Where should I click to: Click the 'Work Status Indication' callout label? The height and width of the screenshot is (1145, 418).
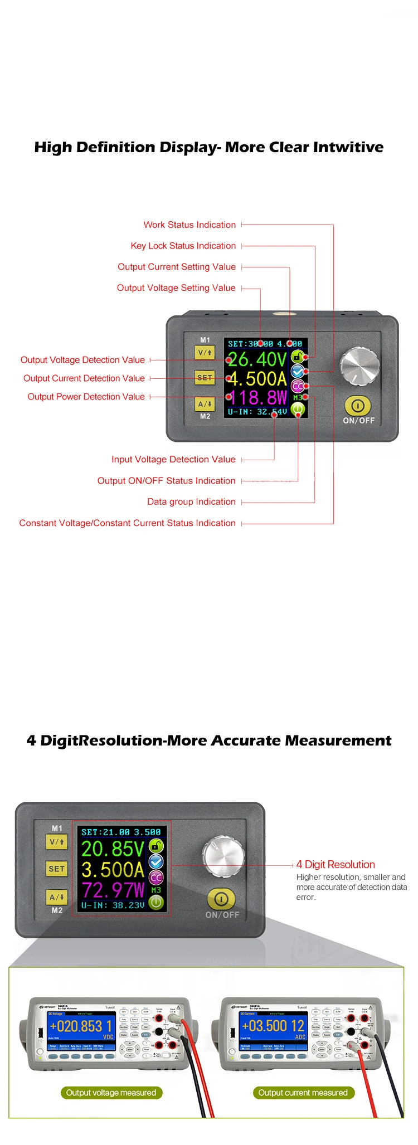click(x=189, y=225)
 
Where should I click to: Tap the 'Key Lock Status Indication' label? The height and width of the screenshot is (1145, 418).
click(x=183, y=246)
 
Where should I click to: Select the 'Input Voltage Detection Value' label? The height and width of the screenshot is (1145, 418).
click(x=173, y=460)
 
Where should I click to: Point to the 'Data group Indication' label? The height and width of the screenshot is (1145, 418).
click(x=191, y=502)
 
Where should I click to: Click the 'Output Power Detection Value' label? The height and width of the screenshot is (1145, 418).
click(x=86, y=397)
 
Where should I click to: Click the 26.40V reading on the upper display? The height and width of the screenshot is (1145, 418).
click(x=257, y=359)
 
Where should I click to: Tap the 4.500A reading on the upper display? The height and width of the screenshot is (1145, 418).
click(x=257, y=379)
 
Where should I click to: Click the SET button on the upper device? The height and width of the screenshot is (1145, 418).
click(x=205, y=378)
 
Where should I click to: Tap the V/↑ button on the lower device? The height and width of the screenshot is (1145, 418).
click(x=57, y=842)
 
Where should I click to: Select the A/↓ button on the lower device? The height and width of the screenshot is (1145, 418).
click(x=57, y=897)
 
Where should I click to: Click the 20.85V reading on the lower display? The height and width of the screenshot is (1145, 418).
click(x=113, y=849)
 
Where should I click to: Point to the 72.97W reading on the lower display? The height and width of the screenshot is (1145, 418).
click(x=113, y=889)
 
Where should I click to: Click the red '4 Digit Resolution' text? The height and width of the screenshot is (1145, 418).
click(x=336, y=865)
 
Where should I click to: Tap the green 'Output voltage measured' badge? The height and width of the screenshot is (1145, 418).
click(x=111, y=1093)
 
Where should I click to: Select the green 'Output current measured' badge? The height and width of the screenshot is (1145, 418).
click(x=303, y=1093)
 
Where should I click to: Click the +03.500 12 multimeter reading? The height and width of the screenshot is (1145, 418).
click(x=273, y=1026)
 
